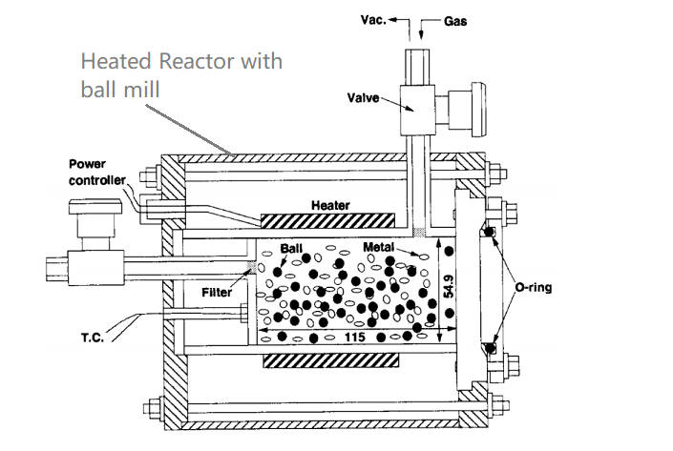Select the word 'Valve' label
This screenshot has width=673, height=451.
pos(365,97)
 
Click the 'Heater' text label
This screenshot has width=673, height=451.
pos(330,205)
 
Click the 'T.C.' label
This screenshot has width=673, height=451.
pos(93,337)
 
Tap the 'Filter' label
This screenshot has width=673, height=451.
pos(217,293)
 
